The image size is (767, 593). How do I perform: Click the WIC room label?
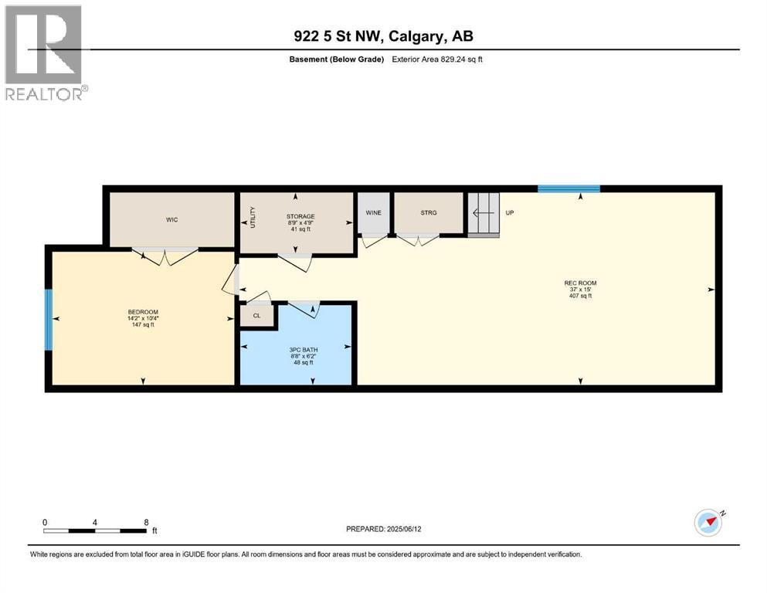point(171,220)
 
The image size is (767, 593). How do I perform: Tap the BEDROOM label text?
point(141,312)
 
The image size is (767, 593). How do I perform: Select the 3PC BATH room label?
point(298,349)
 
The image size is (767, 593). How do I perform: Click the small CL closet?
point(257,316)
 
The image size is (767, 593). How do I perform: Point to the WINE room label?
point(374,212)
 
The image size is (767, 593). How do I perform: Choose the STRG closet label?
point(429,212)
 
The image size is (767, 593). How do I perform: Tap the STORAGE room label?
point(297,216)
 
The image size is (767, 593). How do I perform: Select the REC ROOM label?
point(580,283)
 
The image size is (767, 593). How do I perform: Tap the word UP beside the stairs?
point(510,212)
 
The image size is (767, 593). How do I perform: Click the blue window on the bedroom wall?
point(48,320)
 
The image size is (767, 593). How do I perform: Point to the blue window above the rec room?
point(568,188)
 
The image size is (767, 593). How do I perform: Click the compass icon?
point(708,522)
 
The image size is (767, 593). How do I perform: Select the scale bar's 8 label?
point(146,522)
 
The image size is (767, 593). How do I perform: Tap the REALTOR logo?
point(45,53)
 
